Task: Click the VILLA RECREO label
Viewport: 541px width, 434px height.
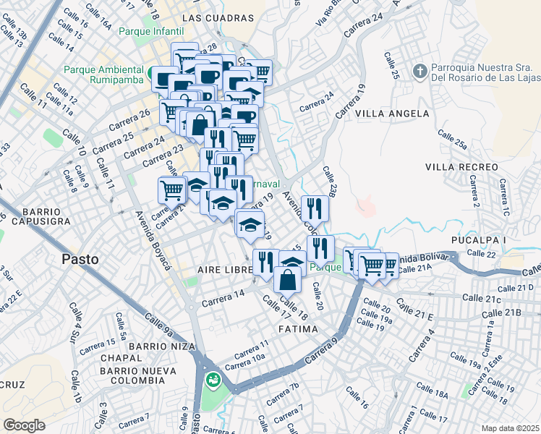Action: point(461,167)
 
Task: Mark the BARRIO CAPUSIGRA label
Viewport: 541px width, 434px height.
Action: point(35,214)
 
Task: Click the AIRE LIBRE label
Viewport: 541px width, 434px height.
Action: point(224,269)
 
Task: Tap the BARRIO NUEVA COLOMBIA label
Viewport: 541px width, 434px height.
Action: point(143,375)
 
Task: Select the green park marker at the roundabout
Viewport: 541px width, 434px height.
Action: point(213,379)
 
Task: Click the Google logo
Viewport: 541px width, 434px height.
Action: point(24,425)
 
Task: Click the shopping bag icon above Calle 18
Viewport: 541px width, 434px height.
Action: point(288,278)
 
